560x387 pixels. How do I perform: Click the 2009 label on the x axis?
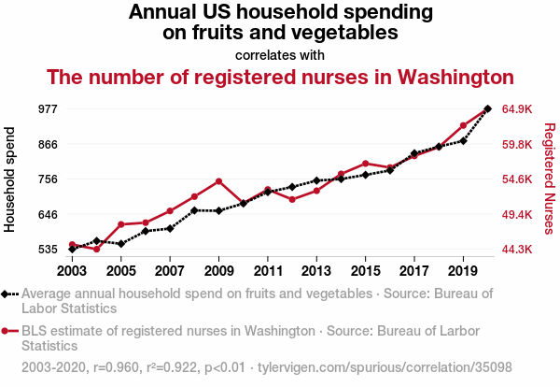click(218, 271)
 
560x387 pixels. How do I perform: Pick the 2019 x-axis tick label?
click(463, 271)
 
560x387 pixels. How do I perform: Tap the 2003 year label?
click(72, 271)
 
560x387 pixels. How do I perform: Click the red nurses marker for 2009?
click(218, 181)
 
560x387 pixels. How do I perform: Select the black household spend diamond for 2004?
click(97, 241)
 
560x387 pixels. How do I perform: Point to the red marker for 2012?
click(292, 199)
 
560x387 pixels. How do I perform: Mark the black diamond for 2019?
click(463, 140)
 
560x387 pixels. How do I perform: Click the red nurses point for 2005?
click(121, 224)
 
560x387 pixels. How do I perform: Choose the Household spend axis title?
click(11, 179)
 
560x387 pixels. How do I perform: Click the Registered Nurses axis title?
click(549, 179)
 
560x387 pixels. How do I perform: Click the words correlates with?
click(280, 54)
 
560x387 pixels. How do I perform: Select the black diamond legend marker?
click(8, 294)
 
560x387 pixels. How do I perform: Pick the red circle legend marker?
click(8, 331)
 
